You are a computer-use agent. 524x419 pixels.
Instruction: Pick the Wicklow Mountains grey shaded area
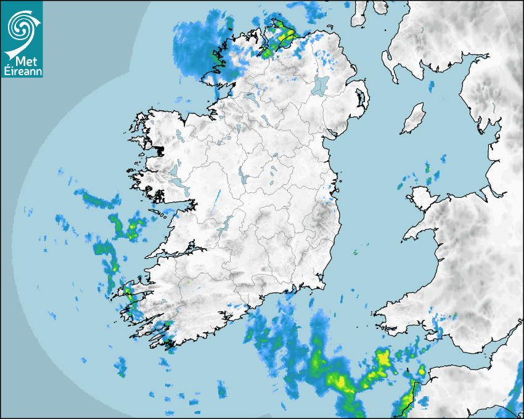322,218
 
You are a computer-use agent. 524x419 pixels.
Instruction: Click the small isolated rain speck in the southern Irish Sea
356,252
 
